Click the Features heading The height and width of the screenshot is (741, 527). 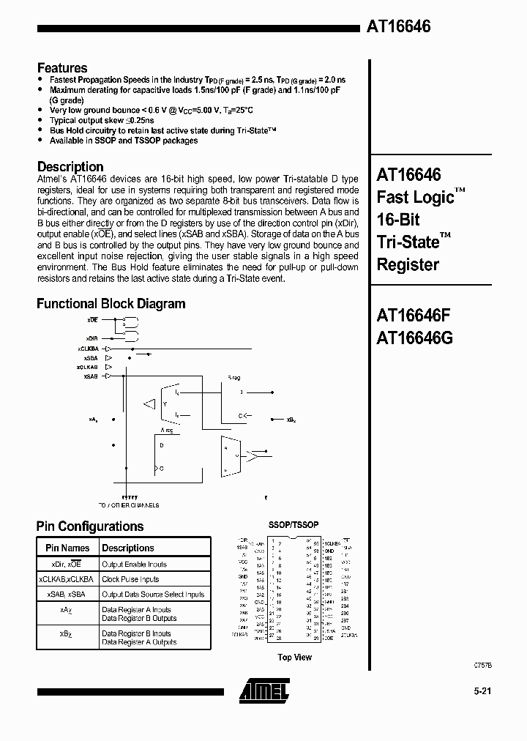62,67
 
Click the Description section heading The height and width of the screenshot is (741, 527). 70,166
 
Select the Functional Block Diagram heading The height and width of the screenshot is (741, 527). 111,303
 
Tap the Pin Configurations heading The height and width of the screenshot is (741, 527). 90,526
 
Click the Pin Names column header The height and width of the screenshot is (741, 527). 67,548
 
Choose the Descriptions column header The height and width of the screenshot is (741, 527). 128,548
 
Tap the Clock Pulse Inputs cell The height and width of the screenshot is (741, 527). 130,579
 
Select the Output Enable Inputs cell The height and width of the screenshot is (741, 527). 134,565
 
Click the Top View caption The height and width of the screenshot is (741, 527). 295,658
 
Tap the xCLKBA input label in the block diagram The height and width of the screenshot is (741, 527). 86,349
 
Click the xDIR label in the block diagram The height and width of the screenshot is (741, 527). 91,338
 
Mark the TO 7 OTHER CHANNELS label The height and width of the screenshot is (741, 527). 128,505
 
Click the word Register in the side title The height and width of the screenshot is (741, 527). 408,264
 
